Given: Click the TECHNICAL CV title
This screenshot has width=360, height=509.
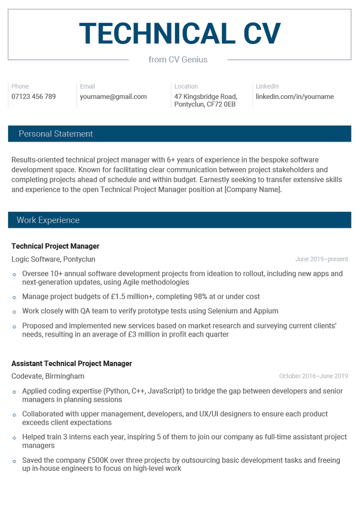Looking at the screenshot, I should click(179, 33).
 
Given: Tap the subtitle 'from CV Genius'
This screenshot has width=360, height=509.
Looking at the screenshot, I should click(178, 60).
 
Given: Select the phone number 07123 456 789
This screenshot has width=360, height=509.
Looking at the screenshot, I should click(33, 97).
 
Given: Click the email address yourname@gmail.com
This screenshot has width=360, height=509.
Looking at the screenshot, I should click(113, 97).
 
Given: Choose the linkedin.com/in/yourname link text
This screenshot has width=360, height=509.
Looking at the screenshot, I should click(294, 97).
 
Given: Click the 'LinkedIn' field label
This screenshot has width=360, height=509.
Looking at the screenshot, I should click(267, 86).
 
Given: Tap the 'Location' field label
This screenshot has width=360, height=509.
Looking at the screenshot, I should click(186, 86).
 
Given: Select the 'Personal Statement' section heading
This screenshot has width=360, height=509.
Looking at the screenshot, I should click(56, 134).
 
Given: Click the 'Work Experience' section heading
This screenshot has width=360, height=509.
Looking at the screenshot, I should click(48, 220).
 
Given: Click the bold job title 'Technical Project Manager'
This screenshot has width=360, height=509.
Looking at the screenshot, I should click(55, 246).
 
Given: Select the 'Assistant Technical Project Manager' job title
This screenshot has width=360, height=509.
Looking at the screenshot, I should click(71, 363).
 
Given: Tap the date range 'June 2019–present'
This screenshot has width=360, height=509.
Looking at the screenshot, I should click(321, 259).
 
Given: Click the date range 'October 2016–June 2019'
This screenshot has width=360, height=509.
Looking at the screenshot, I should click(313, 376).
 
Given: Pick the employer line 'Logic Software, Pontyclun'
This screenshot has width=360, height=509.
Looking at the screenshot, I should click(53, 259).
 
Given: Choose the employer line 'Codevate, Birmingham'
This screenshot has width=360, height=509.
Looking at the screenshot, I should click(48, 376).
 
